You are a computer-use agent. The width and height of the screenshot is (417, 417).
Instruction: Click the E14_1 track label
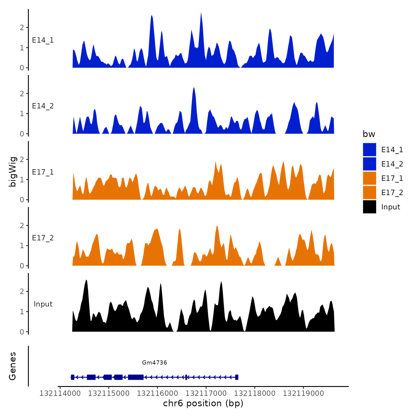pyautogui.click(x=43, y=40)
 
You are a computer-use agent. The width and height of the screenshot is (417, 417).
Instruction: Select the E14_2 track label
pyautogui.click(x=43, y=106)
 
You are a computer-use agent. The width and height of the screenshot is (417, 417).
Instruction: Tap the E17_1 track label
pyautogui.click(x=43, y=172)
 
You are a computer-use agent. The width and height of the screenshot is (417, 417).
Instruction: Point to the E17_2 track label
pyautogui.click(x=43, y=238)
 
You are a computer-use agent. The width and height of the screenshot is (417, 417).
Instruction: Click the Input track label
pyautogui.click(x=43, y=304)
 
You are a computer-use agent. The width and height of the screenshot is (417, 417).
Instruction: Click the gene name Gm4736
pyautogui.click(x=154, y=362)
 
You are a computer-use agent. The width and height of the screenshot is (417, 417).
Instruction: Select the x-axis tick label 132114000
pyautogui.click(x=60, y=393)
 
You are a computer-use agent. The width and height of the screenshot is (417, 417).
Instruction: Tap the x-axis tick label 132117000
pyautogui.click(x=206, y=393)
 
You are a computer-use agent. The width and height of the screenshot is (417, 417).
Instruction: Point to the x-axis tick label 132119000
pyautogui.click(x=303, y=393)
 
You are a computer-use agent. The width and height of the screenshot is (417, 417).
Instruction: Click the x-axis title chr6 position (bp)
pyautogui.click(x=203, y=403)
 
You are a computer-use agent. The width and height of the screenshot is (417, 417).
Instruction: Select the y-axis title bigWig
pyautogui.click(x=13, y=172)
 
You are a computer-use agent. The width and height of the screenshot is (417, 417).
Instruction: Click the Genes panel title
pyautogui.click(x=13, y=366)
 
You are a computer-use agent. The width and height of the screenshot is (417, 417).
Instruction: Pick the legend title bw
pyautogui.click(x=369, y=134)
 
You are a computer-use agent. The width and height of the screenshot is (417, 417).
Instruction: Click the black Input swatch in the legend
pyautogui.click(x=369, y=207)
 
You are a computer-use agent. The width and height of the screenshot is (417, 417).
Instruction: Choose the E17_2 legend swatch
pyautogui.click(x=369, y=192)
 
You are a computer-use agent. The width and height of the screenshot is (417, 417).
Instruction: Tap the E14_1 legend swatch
pyautogui.click(x=369, y=150)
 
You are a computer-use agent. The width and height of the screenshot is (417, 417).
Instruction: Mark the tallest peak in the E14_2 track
pyautogui.click(x=194, y=88)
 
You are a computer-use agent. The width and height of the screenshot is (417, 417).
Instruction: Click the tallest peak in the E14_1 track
pyautogui.click(x=201, y=13)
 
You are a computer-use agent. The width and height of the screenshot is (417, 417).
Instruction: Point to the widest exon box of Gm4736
pyautogui.click(x=136, y=377)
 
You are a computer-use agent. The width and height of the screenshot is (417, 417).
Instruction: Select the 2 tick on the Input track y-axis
pyautogui.click(x=22, y=291)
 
